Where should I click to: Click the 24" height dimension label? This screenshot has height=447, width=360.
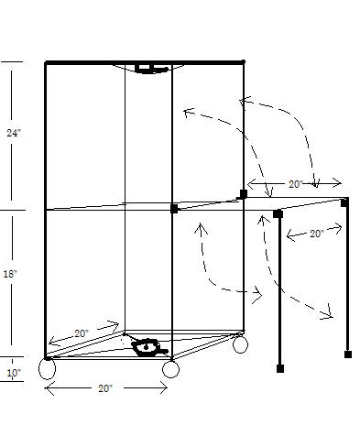pos(14,133)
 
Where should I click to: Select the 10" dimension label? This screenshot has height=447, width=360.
pos(14,373)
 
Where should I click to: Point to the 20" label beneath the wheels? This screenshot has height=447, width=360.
pos(104,389)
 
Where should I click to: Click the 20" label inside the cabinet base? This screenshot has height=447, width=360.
pos(82,333)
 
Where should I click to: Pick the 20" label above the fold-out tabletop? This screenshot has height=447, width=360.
pos(295,184)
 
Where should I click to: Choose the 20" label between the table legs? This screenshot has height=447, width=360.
pos(316,234)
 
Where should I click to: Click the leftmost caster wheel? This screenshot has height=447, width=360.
pos(48,369)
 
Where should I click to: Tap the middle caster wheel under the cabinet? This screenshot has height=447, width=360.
pos(170,369)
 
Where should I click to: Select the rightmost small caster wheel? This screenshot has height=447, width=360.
pos(240,345)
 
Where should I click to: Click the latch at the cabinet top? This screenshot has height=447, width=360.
pos(145,68)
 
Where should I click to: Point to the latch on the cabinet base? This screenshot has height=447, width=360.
pos(147,347)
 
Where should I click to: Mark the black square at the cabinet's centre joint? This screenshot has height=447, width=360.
pos(174,209)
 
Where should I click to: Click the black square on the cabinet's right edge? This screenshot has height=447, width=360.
pos(243,193)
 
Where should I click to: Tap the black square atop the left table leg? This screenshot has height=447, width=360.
pos(278,213)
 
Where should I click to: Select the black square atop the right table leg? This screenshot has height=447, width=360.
pos(345,202)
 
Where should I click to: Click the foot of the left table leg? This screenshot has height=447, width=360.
pos(279,368)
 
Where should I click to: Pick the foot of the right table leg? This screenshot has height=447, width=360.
pos(348,353)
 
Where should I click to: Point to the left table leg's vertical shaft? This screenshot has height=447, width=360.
pos(279,293)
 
